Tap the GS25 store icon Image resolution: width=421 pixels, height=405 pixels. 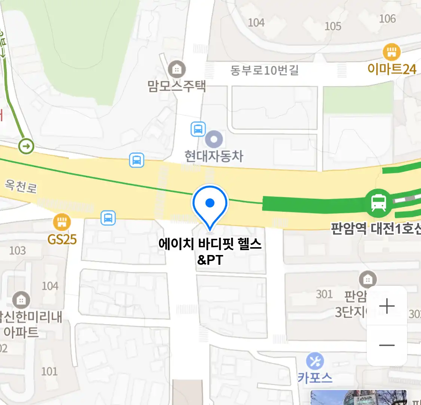click(62, 222)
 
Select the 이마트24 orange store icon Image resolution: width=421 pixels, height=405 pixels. click(391, 52)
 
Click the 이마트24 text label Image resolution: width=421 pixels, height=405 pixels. click(392, 69)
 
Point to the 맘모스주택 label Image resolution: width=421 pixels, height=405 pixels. click(177, 86)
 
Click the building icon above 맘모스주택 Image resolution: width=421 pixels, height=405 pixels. click(177, 69)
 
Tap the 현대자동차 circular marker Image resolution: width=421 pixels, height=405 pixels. click(214, 139)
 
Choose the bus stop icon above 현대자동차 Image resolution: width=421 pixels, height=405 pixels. click(198, 129)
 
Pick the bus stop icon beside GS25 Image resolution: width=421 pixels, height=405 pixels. click(108, 217)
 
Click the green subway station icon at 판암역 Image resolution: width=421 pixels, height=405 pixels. click(379, 202)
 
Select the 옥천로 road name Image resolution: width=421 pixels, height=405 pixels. click(21, 186)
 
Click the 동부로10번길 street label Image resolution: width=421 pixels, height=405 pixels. click(264, 70)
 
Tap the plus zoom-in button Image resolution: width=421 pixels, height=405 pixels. click(387, 306)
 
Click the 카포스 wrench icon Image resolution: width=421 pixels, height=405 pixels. click(315, 361)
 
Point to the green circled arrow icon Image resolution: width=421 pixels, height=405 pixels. click(26, 146)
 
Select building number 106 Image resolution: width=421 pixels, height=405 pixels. click(387, 19)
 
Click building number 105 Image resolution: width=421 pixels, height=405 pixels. click(333, 26)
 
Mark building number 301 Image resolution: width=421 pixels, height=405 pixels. click(324, 294)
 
